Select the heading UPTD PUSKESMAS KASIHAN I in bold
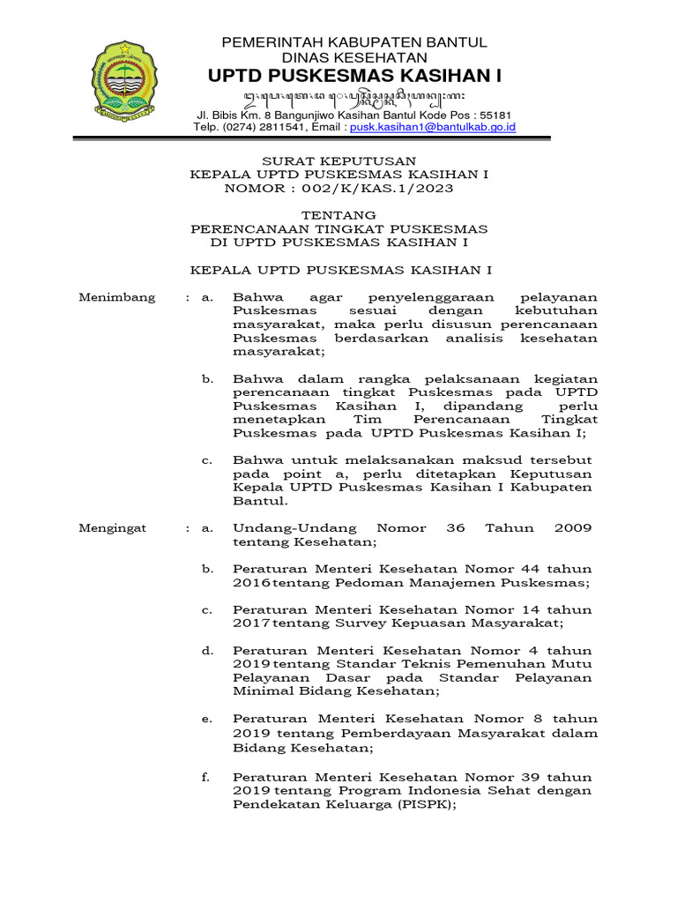click(353, 77)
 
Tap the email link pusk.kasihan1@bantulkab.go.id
click(433, 127)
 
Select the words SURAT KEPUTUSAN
click(339, 160)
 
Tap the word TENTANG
click(339, 215)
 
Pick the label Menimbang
click(117, 297)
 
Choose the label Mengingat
click(113, 528)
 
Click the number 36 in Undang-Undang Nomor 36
click(455, 528)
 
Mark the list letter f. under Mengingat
click(207, 778)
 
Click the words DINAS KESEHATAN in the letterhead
click(353, 57)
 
